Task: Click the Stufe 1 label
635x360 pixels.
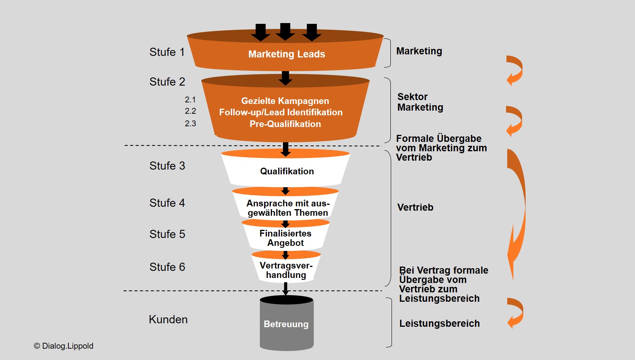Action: tap(167, 52)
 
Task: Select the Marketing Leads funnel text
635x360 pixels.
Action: tap(286, 54)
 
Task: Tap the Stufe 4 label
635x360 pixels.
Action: tap(167, 203)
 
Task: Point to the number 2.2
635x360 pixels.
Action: tap(190, 111)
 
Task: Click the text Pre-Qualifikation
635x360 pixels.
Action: tap(285, 124)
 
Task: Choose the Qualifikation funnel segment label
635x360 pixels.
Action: tap(287, 171)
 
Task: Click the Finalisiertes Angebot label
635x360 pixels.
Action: tap(285, 238)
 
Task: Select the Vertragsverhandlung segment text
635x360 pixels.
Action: tap(286, 270)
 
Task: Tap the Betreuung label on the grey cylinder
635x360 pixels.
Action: tap(286, 324)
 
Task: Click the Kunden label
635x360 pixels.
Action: tap(168, 319)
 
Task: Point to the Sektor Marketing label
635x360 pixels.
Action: tap(420, 102)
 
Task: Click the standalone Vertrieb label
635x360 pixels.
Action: tap(415, 207)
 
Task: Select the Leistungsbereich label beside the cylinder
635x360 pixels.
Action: tap(439, 323)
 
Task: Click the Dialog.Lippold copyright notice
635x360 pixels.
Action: tap(64, 346)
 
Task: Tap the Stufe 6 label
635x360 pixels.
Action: tap(167, 267)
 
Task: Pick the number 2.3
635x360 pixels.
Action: tap(190, 124)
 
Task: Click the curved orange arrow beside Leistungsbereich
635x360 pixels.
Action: tap(515, 313)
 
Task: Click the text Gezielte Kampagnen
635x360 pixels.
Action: tap(285, 101)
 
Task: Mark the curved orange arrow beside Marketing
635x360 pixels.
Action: tap(515, 70)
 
